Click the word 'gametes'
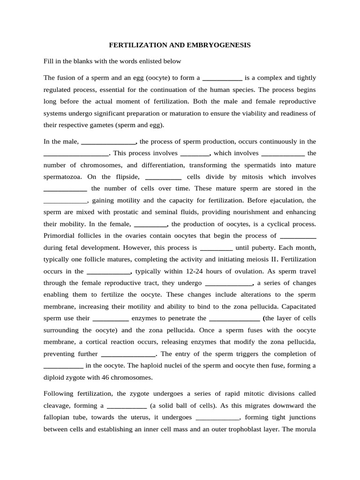tap(107, 125)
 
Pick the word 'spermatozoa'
tap(63, 177)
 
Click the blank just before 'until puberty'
tap(216, 247)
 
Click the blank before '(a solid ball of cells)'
tap(127, 406)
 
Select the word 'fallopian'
tap(63, 418)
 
